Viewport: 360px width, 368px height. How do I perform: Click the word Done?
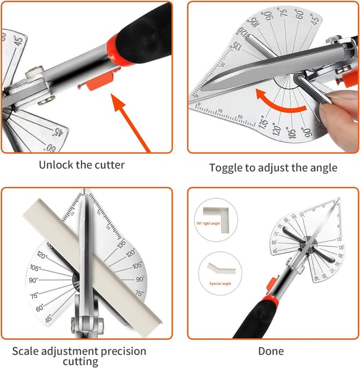271,352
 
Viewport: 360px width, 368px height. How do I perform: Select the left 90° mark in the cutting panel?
34,280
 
